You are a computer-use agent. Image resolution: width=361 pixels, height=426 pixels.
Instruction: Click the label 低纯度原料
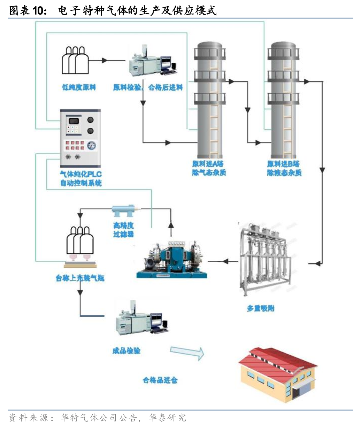(x=79, y=87)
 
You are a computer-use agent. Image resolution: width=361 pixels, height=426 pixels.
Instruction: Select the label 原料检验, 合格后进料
(x=148, y=87)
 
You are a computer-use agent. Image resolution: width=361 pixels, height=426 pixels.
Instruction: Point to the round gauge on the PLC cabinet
(x=92, y=145)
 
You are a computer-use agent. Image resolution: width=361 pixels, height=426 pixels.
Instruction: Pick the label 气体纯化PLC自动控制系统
(x=81, y=179)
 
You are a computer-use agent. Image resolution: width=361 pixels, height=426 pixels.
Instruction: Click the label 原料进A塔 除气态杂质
(x=208, y=168)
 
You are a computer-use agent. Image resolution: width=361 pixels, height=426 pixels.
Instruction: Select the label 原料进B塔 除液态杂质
(x=284, y=168)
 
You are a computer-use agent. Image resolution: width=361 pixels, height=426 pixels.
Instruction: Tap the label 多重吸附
(x=261, y=308)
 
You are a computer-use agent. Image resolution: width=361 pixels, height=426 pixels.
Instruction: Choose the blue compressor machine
(x=172, y=259)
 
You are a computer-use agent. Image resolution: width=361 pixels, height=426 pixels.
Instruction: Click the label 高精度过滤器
(x=123, y=230)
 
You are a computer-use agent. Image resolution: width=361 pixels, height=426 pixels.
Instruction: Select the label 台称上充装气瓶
(x=80, y=278)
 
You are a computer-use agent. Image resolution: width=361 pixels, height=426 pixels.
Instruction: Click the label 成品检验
(x=126, y=350)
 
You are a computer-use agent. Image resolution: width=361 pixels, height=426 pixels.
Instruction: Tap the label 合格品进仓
(x=160, y=380)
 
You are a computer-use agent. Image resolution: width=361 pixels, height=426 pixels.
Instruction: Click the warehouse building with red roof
(x=277, y=374)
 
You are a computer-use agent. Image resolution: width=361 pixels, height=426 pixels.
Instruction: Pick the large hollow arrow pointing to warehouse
(x=187, y=353)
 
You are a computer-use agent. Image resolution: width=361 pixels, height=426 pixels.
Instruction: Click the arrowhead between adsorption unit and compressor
(x=225, y=261)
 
